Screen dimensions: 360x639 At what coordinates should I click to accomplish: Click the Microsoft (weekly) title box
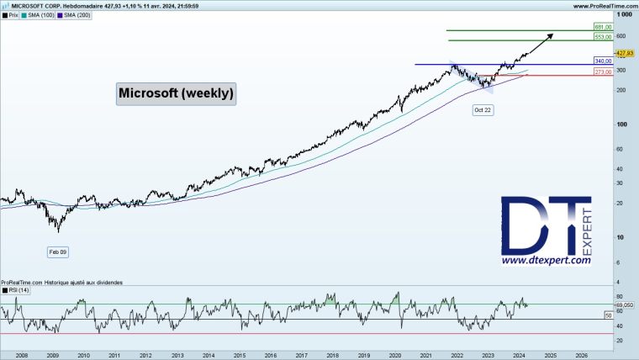(176, 93)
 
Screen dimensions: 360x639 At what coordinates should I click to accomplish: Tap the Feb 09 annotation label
(57, 251)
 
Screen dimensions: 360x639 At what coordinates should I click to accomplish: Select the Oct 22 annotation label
(483, 110)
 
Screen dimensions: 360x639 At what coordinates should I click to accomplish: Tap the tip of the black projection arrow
(552, 34)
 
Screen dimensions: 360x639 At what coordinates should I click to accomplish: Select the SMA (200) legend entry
(73, 15)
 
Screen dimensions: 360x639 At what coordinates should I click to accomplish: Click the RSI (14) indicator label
(17, 290)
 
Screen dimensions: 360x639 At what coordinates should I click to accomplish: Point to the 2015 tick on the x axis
(240, 356)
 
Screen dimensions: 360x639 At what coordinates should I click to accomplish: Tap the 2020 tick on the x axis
(395, 356)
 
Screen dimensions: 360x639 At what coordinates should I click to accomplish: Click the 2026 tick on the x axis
(581, 356)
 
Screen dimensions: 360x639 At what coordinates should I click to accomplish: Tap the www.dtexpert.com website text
(546, 262)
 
